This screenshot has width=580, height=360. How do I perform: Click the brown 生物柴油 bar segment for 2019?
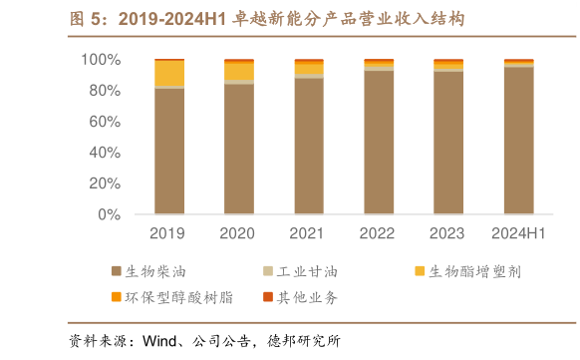pyautogui.click(x=168, y=151)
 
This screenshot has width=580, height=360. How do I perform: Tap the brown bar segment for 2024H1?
pyautogui.click(x=518, y=141)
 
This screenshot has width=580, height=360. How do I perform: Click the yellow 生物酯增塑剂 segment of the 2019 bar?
pyautogui.click(x=168, y=73)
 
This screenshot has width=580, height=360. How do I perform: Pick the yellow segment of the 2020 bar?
pyautogui.click(x=238, y=72)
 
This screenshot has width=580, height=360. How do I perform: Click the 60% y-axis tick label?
pyautogui.click(x=104, y=122)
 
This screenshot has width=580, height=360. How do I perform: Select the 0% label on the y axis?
pyautogui.click(x=109, y=214)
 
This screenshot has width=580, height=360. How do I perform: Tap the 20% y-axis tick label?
pyautogui.click(x=104, y=183)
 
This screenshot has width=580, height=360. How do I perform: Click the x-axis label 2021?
pyautogui.click(x=308, y=233)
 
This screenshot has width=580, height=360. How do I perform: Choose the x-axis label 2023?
pyautogui.click(x=448, y=233)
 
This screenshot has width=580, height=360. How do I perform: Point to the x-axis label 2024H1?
pyautogui.click(x=518, y=233)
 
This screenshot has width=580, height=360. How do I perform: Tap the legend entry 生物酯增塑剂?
pyautogui.click(x=468, y=270)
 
